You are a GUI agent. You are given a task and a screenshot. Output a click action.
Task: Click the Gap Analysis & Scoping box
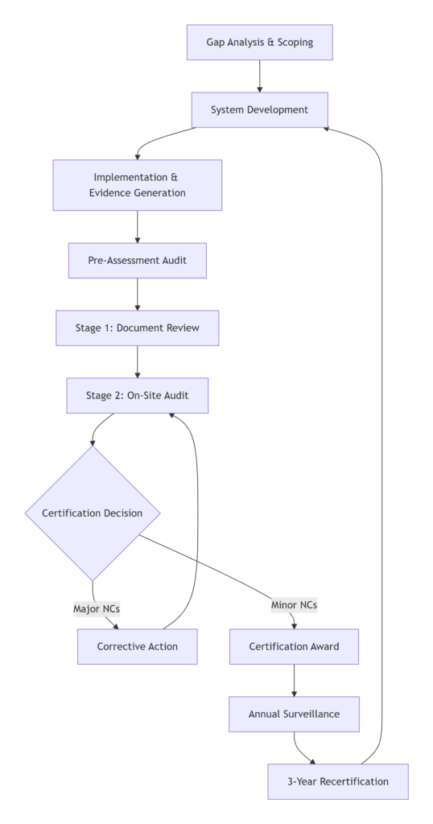pos(259,42)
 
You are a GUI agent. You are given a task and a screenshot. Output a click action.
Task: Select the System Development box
pos(259,109)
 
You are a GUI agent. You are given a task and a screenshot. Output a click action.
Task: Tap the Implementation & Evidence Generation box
pos(138,185)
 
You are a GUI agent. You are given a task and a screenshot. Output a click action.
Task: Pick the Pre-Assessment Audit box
pos(138,261)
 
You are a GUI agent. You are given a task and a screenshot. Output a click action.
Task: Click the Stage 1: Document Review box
pos(138,328)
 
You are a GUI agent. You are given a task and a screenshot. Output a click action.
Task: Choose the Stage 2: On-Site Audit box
pos(138,396)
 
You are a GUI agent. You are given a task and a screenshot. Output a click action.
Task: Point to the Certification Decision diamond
pos(93,513)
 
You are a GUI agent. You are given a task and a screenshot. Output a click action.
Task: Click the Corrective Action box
pos(138,646)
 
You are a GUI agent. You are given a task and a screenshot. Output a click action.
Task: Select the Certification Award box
pos(294,646)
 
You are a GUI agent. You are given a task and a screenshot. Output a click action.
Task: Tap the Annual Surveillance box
pos(294,714)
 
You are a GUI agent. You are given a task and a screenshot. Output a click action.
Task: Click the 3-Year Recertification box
pos(338,781)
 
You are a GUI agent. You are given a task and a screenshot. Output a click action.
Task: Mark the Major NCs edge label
pos(97,608)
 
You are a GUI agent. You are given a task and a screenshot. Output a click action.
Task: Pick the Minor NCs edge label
pos(294,604)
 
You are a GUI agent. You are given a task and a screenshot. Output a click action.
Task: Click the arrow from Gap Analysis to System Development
pos(259,76)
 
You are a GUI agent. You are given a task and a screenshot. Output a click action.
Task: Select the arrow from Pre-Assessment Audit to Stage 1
pos(138,295)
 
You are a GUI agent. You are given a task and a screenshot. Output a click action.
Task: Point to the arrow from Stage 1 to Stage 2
pos(138,362)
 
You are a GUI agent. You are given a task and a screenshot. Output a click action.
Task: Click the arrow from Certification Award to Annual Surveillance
pos(294,680)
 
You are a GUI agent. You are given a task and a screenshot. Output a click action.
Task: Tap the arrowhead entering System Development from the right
pos(324,127)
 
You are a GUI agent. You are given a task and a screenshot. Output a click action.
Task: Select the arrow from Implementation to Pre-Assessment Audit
pos(138,226)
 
